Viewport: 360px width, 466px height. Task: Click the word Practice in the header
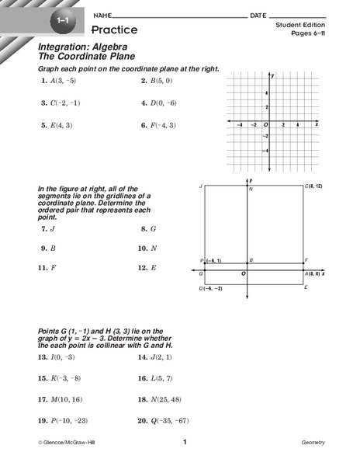point(114,30)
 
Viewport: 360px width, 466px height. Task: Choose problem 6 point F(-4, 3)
point(161,125)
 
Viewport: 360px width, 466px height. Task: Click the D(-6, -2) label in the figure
point(211,288)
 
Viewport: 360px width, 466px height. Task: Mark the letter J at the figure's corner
point(200,187)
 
